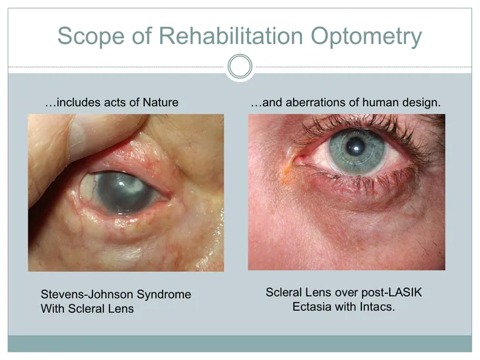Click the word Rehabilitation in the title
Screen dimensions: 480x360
click(x=231, y=36)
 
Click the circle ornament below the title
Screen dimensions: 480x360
click(x=240, y=66)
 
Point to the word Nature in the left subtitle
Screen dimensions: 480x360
click(x=161, y=102)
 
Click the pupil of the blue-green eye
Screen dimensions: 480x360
click(x=355, y=146)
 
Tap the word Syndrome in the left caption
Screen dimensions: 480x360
click(x=163, y=295)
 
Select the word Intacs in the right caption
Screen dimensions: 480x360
click(x=377, y=307)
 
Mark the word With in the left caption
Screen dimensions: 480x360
click(x=52, y=308)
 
